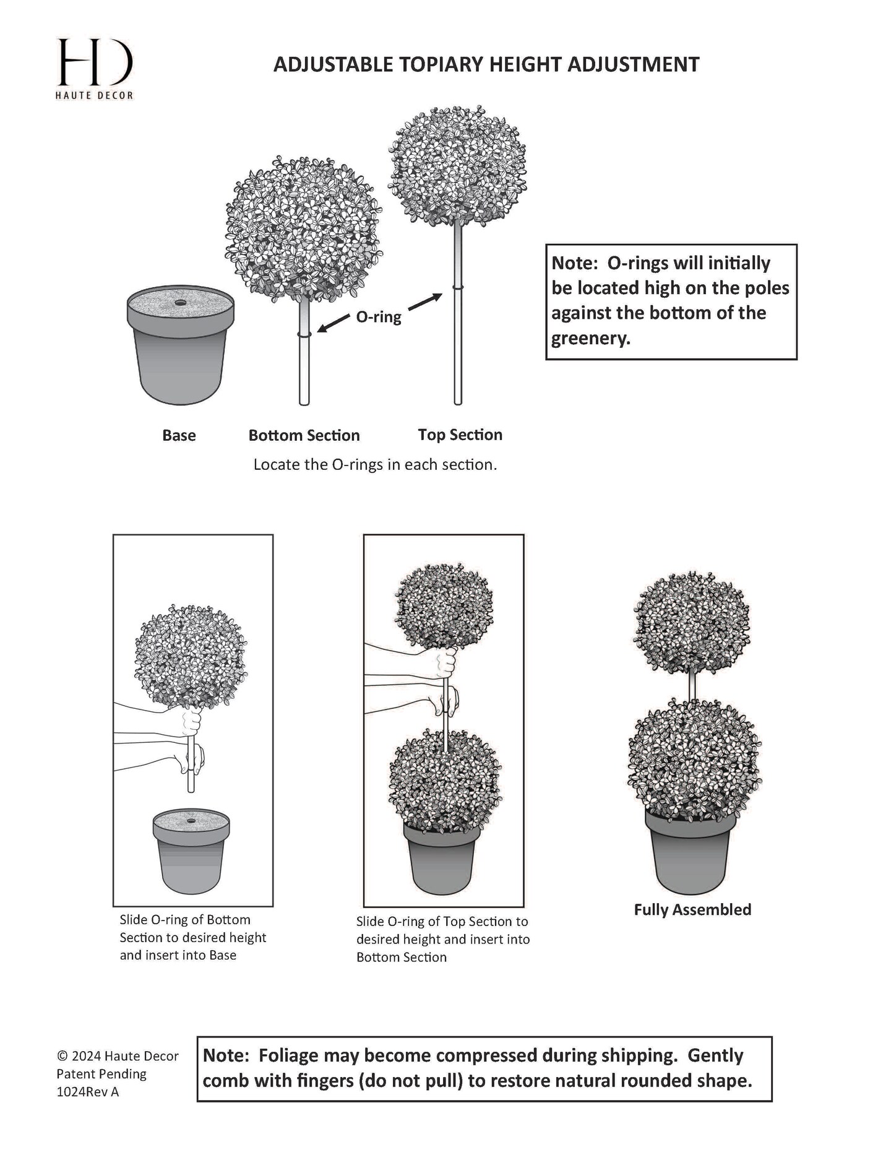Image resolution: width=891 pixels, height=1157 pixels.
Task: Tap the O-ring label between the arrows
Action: [378, 318]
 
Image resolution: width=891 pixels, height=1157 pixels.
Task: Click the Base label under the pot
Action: [179, 435]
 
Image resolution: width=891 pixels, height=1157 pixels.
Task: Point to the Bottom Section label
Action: [304, 435]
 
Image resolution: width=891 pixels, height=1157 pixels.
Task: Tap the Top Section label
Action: [460, 435]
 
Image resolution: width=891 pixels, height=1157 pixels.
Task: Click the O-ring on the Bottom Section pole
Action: [304, 334]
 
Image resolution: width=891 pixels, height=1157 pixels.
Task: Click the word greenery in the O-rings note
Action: [588, 339]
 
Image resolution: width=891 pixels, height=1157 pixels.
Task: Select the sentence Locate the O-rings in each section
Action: [375, 464]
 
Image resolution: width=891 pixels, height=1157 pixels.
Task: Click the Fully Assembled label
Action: [692, 909]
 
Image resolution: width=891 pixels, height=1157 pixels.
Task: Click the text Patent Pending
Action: [101, 1073]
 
